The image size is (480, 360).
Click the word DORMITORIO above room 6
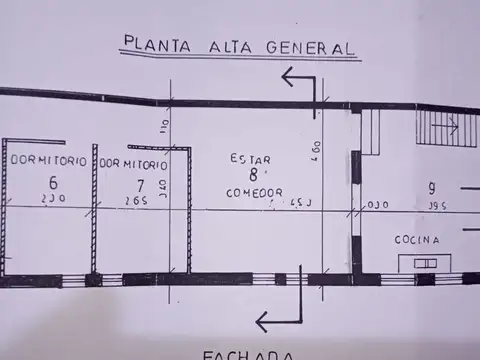pos(43,161)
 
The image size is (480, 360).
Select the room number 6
pos(53,182)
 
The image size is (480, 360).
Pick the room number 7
pos(141,183)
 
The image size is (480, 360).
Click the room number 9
pos(431,187)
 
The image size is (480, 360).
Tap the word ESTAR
pos(249,158)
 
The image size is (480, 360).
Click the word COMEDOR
pos(254,191)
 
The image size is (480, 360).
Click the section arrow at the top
pos(300,82)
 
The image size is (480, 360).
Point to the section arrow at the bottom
pos(279,318)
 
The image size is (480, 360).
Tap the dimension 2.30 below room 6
pos(51,200)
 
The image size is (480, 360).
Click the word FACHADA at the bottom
pos(248,354)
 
